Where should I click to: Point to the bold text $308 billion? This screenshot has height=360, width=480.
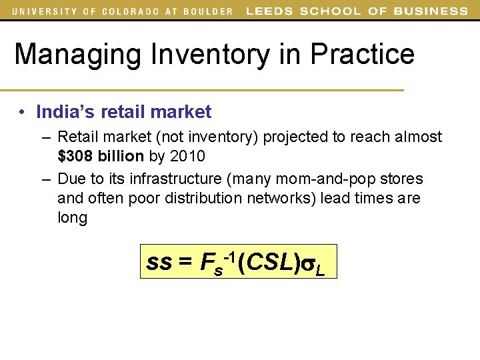click(101, 157)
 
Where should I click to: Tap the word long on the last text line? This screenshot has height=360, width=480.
click(72, 218)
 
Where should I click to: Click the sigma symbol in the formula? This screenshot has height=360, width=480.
click(308, 264)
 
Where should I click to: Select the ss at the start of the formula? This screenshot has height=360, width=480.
click(159, 263)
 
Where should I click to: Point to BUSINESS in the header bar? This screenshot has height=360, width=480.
click(431, 11)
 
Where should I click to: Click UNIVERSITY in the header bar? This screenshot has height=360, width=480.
click(43, 11)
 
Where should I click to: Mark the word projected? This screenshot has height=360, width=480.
click(293, 137)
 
